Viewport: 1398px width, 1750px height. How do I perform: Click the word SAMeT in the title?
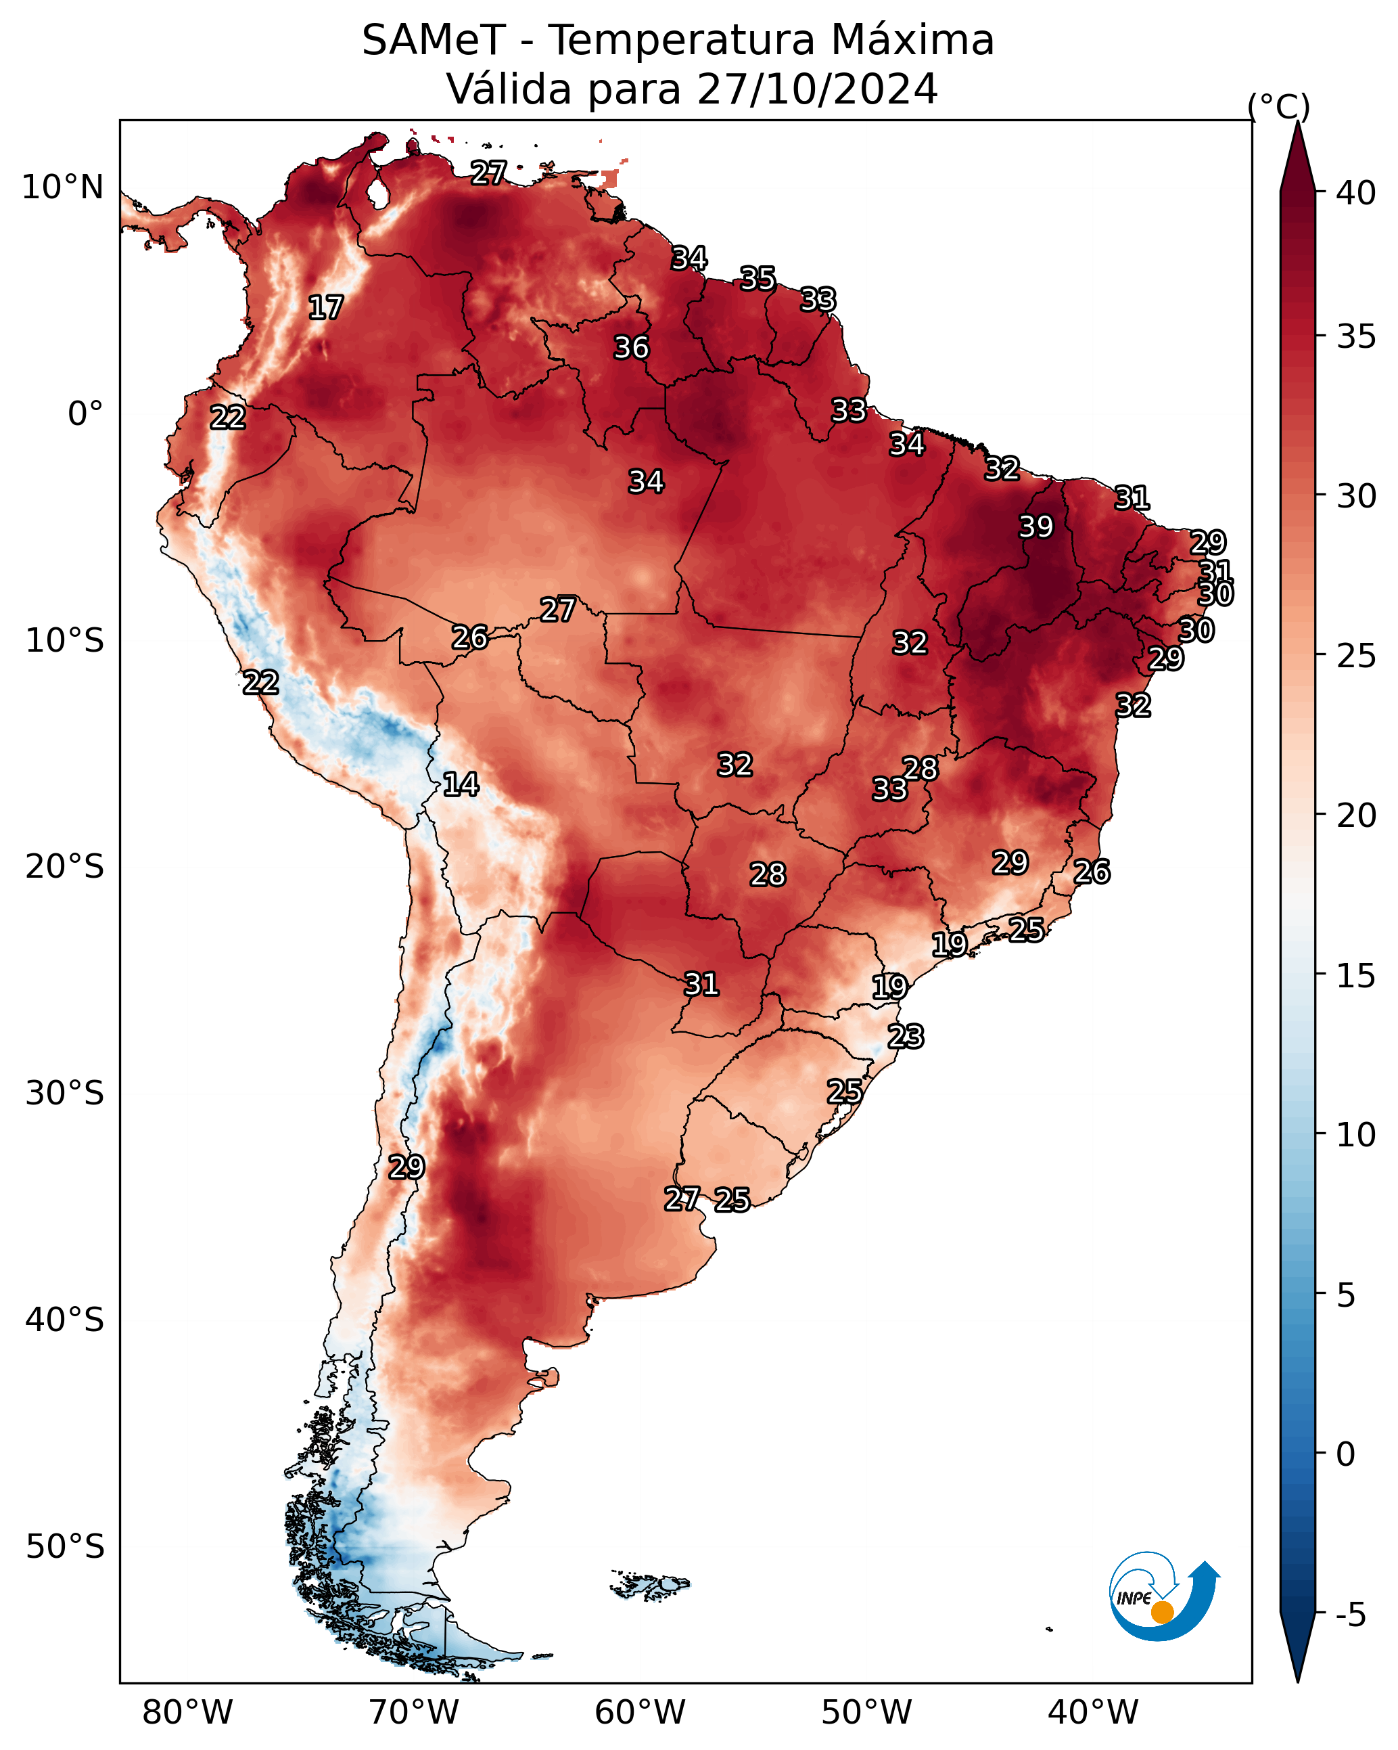click(434, 41)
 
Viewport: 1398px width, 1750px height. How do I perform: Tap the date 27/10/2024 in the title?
click(817, 89)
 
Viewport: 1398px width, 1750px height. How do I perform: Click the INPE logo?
click(1165, 1596)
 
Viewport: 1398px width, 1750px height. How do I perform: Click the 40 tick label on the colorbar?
click(1356, 193)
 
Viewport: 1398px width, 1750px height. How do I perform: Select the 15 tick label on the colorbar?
click(1356, 977)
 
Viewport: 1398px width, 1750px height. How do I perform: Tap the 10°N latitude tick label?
click(62, 187)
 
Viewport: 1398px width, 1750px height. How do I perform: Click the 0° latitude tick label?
click(86, 414)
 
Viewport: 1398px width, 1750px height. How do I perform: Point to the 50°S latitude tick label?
click(65, 1547)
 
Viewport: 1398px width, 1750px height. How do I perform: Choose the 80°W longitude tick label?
click(187, 1713)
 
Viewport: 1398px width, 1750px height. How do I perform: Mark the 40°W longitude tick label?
click(1093, 1713)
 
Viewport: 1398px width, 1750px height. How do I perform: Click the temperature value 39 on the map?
click(1036, 526)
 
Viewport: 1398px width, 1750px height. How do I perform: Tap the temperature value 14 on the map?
click(461, 784)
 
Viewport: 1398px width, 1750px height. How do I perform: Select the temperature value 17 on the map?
click(326, 308)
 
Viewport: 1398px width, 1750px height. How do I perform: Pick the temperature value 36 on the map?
click(631, 347)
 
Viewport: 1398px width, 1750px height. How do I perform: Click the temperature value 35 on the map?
click(758, 278)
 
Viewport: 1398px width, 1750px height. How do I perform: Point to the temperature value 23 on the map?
click(906, 1037)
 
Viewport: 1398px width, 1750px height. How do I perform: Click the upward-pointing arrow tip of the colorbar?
click(1297, 122)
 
